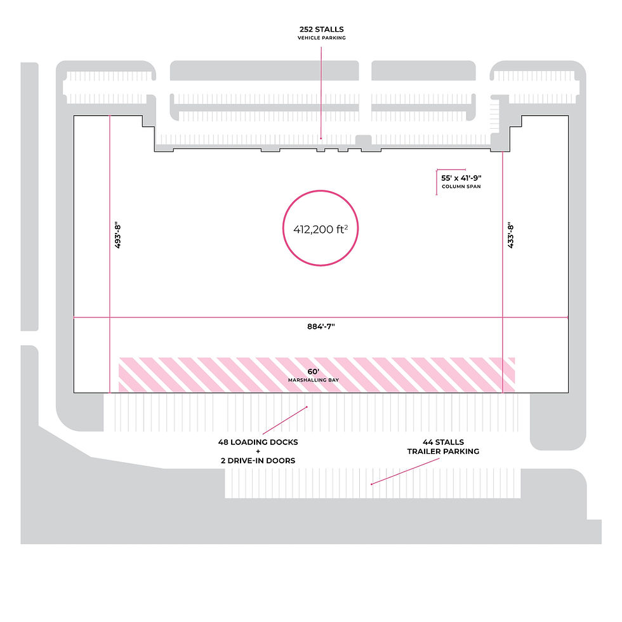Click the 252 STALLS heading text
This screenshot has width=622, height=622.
point(321,29)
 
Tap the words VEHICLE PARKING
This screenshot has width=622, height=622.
point(321,37)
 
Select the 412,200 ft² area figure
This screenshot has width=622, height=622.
point(321,229)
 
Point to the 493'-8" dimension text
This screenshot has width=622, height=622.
point(117,235)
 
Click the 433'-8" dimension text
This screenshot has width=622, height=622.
point(510,235)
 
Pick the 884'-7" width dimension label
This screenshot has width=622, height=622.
point(321,326)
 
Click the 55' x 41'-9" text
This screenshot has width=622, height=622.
point(461,178)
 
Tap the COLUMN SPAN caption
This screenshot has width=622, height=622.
point(461,187)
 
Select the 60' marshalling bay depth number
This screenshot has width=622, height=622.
point(314,371)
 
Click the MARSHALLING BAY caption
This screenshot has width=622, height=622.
point(314,380)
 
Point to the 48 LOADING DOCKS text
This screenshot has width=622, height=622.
point(258,442)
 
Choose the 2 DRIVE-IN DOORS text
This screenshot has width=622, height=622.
point(258,461)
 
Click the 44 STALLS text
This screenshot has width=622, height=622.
point(443,442)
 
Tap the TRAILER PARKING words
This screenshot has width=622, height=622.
point(443,451)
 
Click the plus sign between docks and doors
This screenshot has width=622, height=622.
point(258,451)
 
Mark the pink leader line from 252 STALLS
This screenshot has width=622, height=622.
point(321,93)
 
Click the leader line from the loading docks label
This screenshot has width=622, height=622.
point(284,420)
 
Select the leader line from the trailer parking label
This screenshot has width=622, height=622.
point(405,471)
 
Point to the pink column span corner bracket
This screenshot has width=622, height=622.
point(437,171)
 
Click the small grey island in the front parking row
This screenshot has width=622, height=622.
point(363,140)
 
